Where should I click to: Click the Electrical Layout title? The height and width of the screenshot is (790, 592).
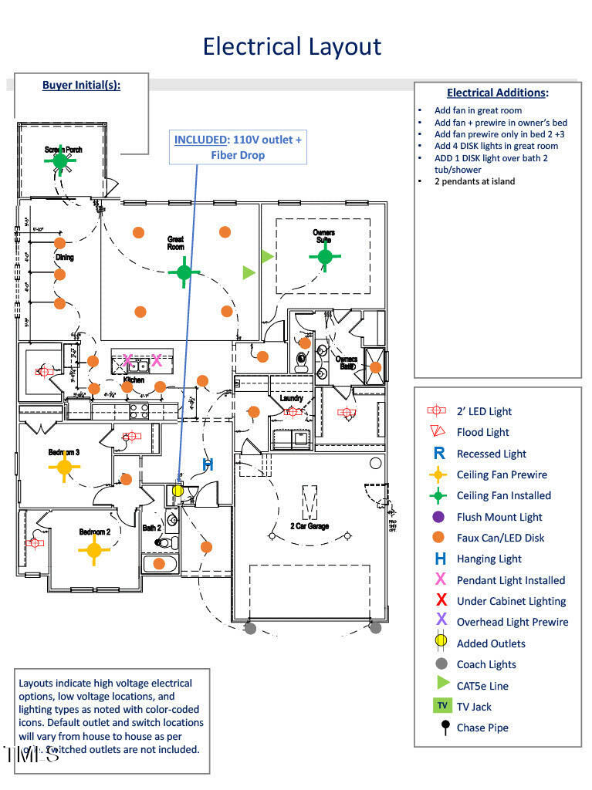click(292, 46)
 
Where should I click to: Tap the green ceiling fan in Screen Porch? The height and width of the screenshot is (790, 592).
click(60, 161)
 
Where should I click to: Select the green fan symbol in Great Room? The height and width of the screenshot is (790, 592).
click(184, 272)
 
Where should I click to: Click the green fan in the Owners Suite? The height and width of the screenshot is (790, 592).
click(325, 255)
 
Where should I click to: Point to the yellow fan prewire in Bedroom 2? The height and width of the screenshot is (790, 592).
click(93, 549)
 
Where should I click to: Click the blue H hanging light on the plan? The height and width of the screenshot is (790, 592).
click(208, 464)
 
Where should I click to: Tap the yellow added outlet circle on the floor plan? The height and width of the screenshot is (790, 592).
click(178, 490)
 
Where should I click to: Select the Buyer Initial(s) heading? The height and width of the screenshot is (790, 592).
click(81, 86)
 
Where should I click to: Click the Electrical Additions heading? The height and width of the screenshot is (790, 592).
click(497, 93)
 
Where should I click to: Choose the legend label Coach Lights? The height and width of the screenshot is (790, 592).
click(486, 664)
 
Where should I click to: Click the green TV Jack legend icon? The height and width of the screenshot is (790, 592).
click(441, 706)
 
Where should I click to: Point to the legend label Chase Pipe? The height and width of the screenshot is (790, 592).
click(482, 728)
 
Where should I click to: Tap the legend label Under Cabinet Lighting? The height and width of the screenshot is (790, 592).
click(511, 601)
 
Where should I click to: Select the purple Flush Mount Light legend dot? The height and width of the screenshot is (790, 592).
click(440, 517)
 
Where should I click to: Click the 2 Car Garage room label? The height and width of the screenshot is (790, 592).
click(310, 526)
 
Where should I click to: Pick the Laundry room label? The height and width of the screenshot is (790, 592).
click(291, 398)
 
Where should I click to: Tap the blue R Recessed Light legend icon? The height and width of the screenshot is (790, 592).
click(440, 454)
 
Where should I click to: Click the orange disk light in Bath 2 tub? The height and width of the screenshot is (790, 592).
click(159, 563)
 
